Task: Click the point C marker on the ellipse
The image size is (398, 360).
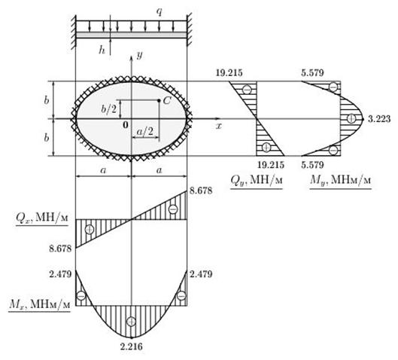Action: (x=159, y=101)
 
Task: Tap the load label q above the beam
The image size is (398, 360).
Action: (x=160, y=12)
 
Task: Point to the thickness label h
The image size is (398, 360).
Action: (x=102, y=50)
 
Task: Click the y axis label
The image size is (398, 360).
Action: (x=139, y=56)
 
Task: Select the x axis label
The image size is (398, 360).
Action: (x=218, y=126)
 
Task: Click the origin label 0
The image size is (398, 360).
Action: (x=126, y=125)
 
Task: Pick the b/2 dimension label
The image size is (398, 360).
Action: (x=108, y=108)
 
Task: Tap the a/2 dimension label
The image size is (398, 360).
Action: (x=145, y=132)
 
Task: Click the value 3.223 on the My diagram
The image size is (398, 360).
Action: (x=379, y=119)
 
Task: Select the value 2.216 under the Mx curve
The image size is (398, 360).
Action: (x=131, y=346)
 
